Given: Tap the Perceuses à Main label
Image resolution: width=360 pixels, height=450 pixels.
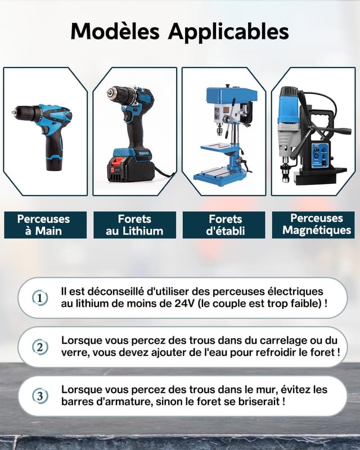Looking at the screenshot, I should pyautogui.click(x=43, y=224).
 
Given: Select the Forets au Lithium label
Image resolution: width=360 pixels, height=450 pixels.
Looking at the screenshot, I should pyautogui.click(x=134, y=224).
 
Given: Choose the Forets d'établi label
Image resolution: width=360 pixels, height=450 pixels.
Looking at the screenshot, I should pyautogui.click(x=226, y=224).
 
